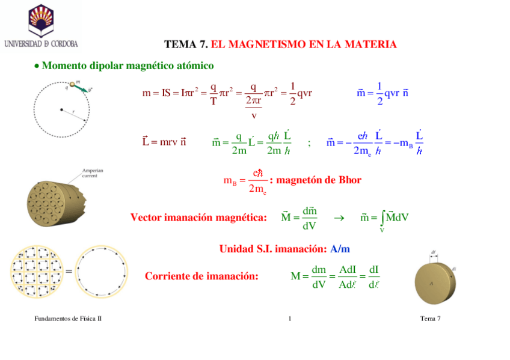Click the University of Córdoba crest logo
[x=41, y=19]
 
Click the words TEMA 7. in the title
[x=186, y=44]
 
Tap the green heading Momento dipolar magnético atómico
[x=127, y=65]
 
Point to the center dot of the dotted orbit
[x=61, y=109]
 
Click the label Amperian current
[x=93, y=173]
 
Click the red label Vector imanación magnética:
[x=198, y=218]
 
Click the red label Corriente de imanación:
[x=201, y=276]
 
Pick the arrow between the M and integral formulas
[x=338, y=218]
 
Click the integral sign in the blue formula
[x=382, y=216]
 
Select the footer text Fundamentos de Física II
[x=67, y=318]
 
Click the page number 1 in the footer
[x=290, y=318]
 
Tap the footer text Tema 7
[x=431, y=318]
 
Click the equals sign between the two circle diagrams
[x=69, y=272]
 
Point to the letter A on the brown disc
[x=431, y=281]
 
